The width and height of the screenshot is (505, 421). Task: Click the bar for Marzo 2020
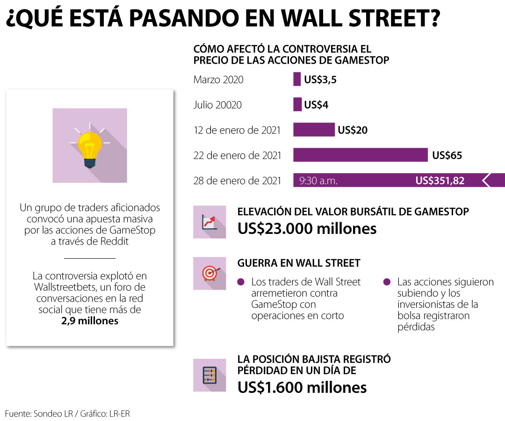[x=297, y=79]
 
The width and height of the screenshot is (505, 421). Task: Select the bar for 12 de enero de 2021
[x=314, y=130]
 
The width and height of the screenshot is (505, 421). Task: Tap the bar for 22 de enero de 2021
[x=360, y=155]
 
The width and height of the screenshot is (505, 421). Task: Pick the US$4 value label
[x=316, y=105]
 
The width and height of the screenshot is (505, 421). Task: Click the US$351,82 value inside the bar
[x=440, y=181]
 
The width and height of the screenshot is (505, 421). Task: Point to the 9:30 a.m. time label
[x=318, y=181]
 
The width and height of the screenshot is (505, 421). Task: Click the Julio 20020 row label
[x=217, y=105]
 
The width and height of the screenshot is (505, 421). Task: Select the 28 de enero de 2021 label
[x=237, y=181]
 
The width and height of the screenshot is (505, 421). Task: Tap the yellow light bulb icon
[x=90, y=145]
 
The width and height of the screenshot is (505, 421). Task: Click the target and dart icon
[x=209, y=273]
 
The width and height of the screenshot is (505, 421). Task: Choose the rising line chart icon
[x=209, y=222]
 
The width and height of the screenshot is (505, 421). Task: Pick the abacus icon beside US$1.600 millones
[x=209, y=375]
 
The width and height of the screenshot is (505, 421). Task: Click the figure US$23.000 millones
[x=307, y=228]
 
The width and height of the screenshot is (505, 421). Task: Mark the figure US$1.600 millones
[x=302, y=387]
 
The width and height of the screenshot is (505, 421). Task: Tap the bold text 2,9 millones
[x=90, y=321]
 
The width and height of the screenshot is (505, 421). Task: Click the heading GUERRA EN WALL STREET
[x=299, y=263]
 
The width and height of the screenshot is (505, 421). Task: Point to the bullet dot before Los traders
[x=241, y=282]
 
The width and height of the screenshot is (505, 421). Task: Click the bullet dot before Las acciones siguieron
[x=387, y=282]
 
